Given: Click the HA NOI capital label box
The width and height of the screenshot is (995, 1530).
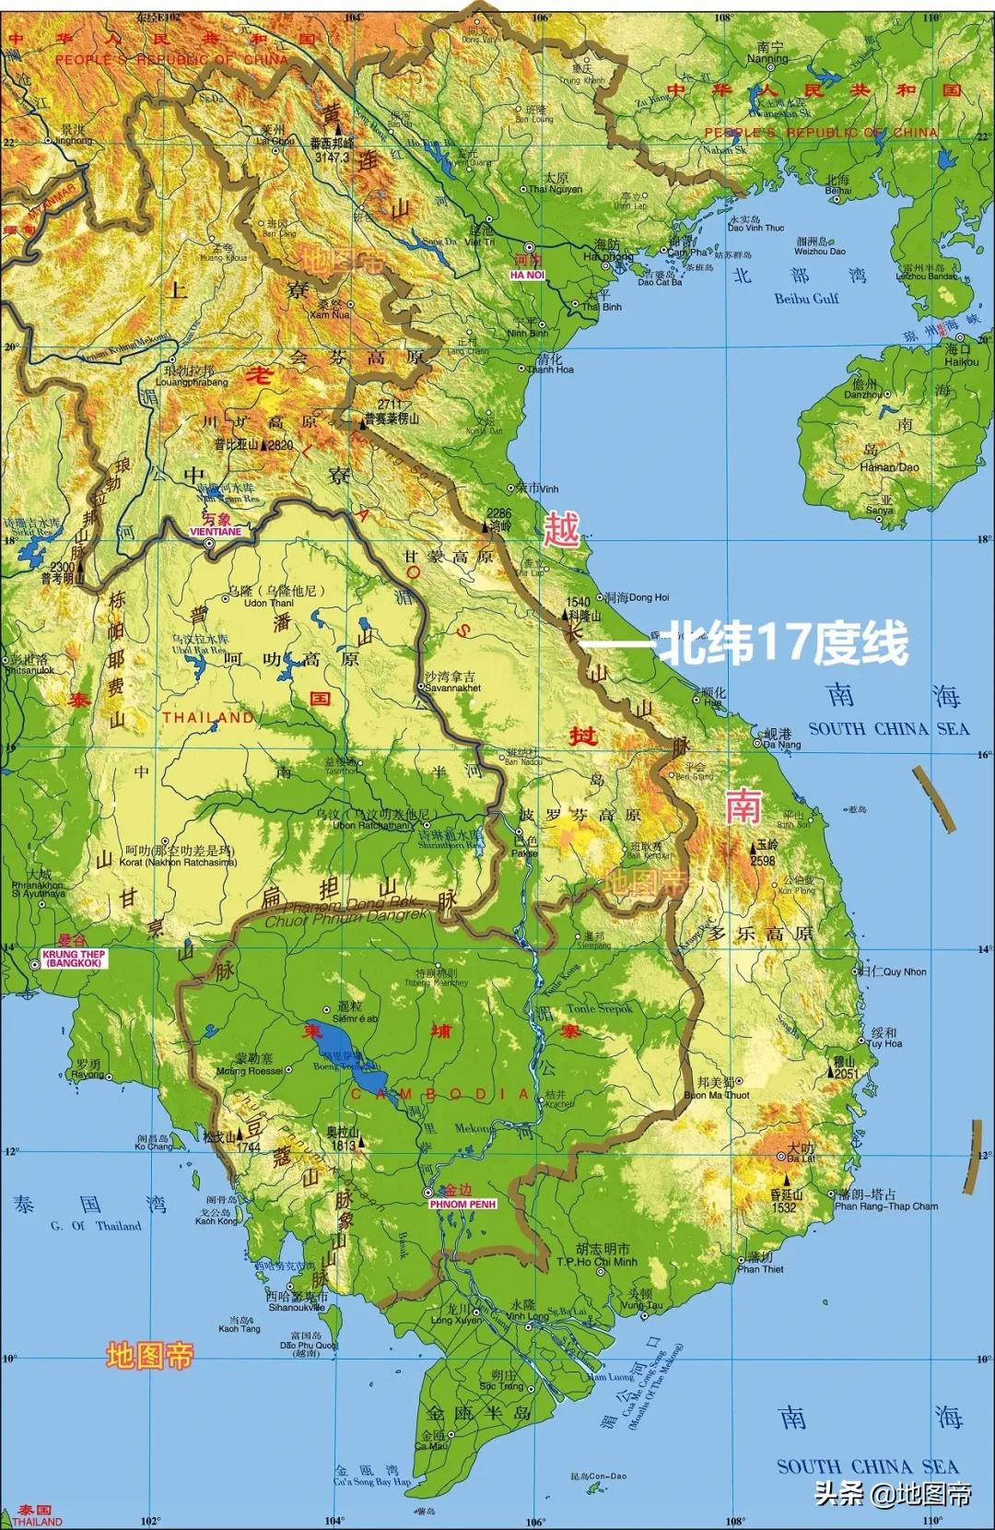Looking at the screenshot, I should tap(528, 275).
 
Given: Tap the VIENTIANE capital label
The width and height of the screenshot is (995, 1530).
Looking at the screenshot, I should tap(215, 532).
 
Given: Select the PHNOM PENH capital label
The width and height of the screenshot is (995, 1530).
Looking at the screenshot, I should tap(462, 1204).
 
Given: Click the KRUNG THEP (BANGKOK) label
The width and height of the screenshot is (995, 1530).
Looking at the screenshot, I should tap(74, 959).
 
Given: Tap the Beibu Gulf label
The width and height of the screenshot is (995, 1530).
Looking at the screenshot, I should tap(806, 299).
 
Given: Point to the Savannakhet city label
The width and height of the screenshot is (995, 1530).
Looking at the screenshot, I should tap(452, 688).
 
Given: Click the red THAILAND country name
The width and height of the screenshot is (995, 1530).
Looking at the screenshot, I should tap(208, 717).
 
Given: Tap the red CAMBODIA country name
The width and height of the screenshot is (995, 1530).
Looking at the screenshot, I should tap(440, 1094).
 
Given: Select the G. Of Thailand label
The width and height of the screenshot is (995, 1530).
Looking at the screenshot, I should tap(96, 1226).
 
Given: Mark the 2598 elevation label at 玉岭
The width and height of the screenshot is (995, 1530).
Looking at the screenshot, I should tap(763, 861).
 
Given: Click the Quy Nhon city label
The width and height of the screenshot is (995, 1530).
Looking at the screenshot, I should tap(905, 971).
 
